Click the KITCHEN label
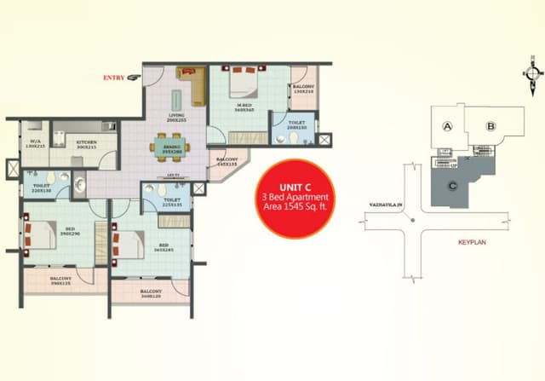tap(86, 142)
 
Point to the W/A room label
tap(36, 143)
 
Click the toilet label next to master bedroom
tap(297, 125)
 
